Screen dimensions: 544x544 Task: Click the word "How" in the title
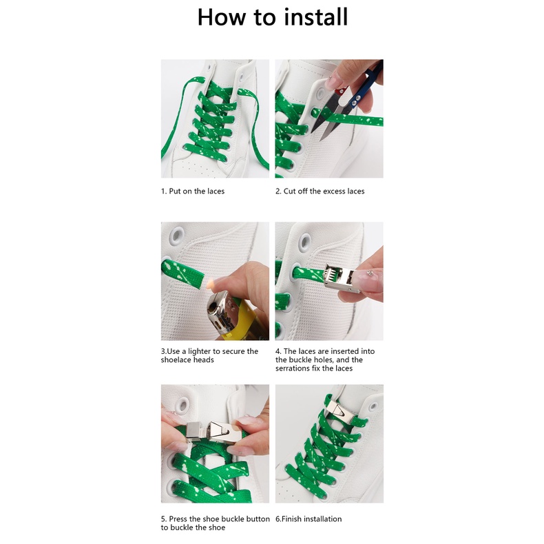click(x=221, y=17)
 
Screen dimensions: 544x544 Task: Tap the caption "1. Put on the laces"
click(x=193, y=191)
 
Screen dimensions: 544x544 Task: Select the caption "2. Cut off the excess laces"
click(x=320, y=191)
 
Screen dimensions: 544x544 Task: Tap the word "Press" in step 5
click(x=178, y=519)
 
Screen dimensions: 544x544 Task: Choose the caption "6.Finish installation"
click(x=308, y=519)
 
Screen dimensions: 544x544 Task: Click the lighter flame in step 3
click(x=209, y=284)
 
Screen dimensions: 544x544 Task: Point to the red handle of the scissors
click(x=341, y=92)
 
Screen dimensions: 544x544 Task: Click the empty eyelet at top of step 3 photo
click(x=177, y=236)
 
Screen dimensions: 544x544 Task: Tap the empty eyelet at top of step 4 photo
click(x=304, y=242)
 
